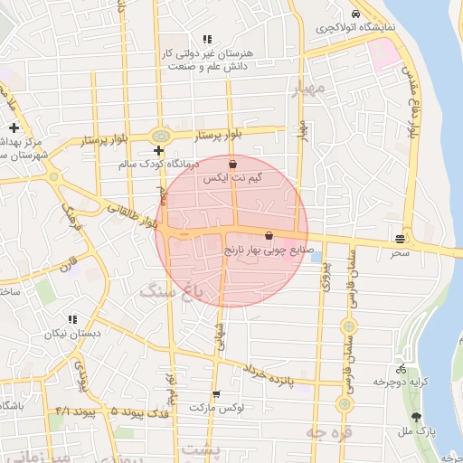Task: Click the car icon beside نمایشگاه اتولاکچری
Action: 356,14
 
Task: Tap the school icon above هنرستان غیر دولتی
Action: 207,40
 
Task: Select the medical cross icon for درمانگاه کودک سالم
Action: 159,150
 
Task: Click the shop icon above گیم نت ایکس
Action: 234,165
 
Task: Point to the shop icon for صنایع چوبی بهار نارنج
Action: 269,235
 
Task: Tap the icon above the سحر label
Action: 400,239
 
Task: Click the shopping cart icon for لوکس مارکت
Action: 216,394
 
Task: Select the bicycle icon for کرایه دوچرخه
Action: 401,369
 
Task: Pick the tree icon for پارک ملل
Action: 415,417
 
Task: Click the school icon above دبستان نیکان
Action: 72,319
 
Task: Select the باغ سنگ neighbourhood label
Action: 168,290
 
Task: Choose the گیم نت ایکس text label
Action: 234,180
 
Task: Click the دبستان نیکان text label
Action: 73,333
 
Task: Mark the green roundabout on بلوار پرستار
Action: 159,133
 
